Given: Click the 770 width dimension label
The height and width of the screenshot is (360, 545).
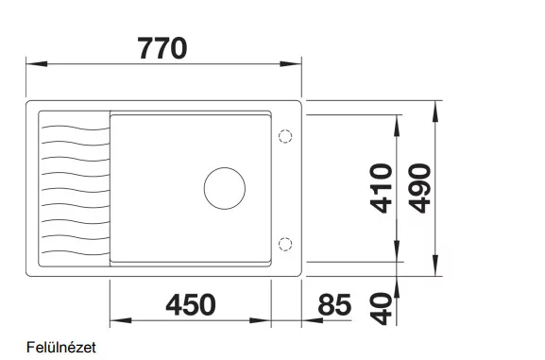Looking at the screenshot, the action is pos(162,48).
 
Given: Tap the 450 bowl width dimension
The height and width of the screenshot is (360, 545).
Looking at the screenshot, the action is pos(191,304).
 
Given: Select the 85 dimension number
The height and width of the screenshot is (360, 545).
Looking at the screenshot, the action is pos(334,304).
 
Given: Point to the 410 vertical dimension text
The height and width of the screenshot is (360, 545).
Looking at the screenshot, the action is pos(382,188).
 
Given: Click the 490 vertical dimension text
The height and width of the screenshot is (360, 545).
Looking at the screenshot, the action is pos(419,188).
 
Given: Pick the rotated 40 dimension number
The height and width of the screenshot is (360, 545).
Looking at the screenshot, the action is pos(382,309).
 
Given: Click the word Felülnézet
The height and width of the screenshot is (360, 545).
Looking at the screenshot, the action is pos(61,347).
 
